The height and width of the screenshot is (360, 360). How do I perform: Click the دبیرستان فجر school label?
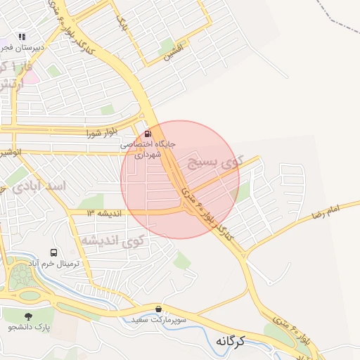coord(22,48)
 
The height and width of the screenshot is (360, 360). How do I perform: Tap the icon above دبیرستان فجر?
coord(22,36)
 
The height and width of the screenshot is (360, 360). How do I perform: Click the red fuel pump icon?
coord(147,133)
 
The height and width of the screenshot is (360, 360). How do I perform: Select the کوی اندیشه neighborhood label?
coord(112,240)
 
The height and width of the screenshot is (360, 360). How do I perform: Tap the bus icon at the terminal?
coord(53,252)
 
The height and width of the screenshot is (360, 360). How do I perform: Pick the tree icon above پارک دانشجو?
coord(28,316)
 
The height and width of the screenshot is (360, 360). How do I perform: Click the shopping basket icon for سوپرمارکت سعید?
coord(159,309)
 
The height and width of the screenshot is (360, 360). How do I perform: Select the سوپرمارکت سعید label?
coord(159,320)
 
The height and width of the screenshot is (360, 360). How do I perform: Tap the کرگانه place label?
coord(229,341)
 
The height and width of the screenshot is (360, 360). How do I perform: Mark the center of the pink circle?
coord(180,179)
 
